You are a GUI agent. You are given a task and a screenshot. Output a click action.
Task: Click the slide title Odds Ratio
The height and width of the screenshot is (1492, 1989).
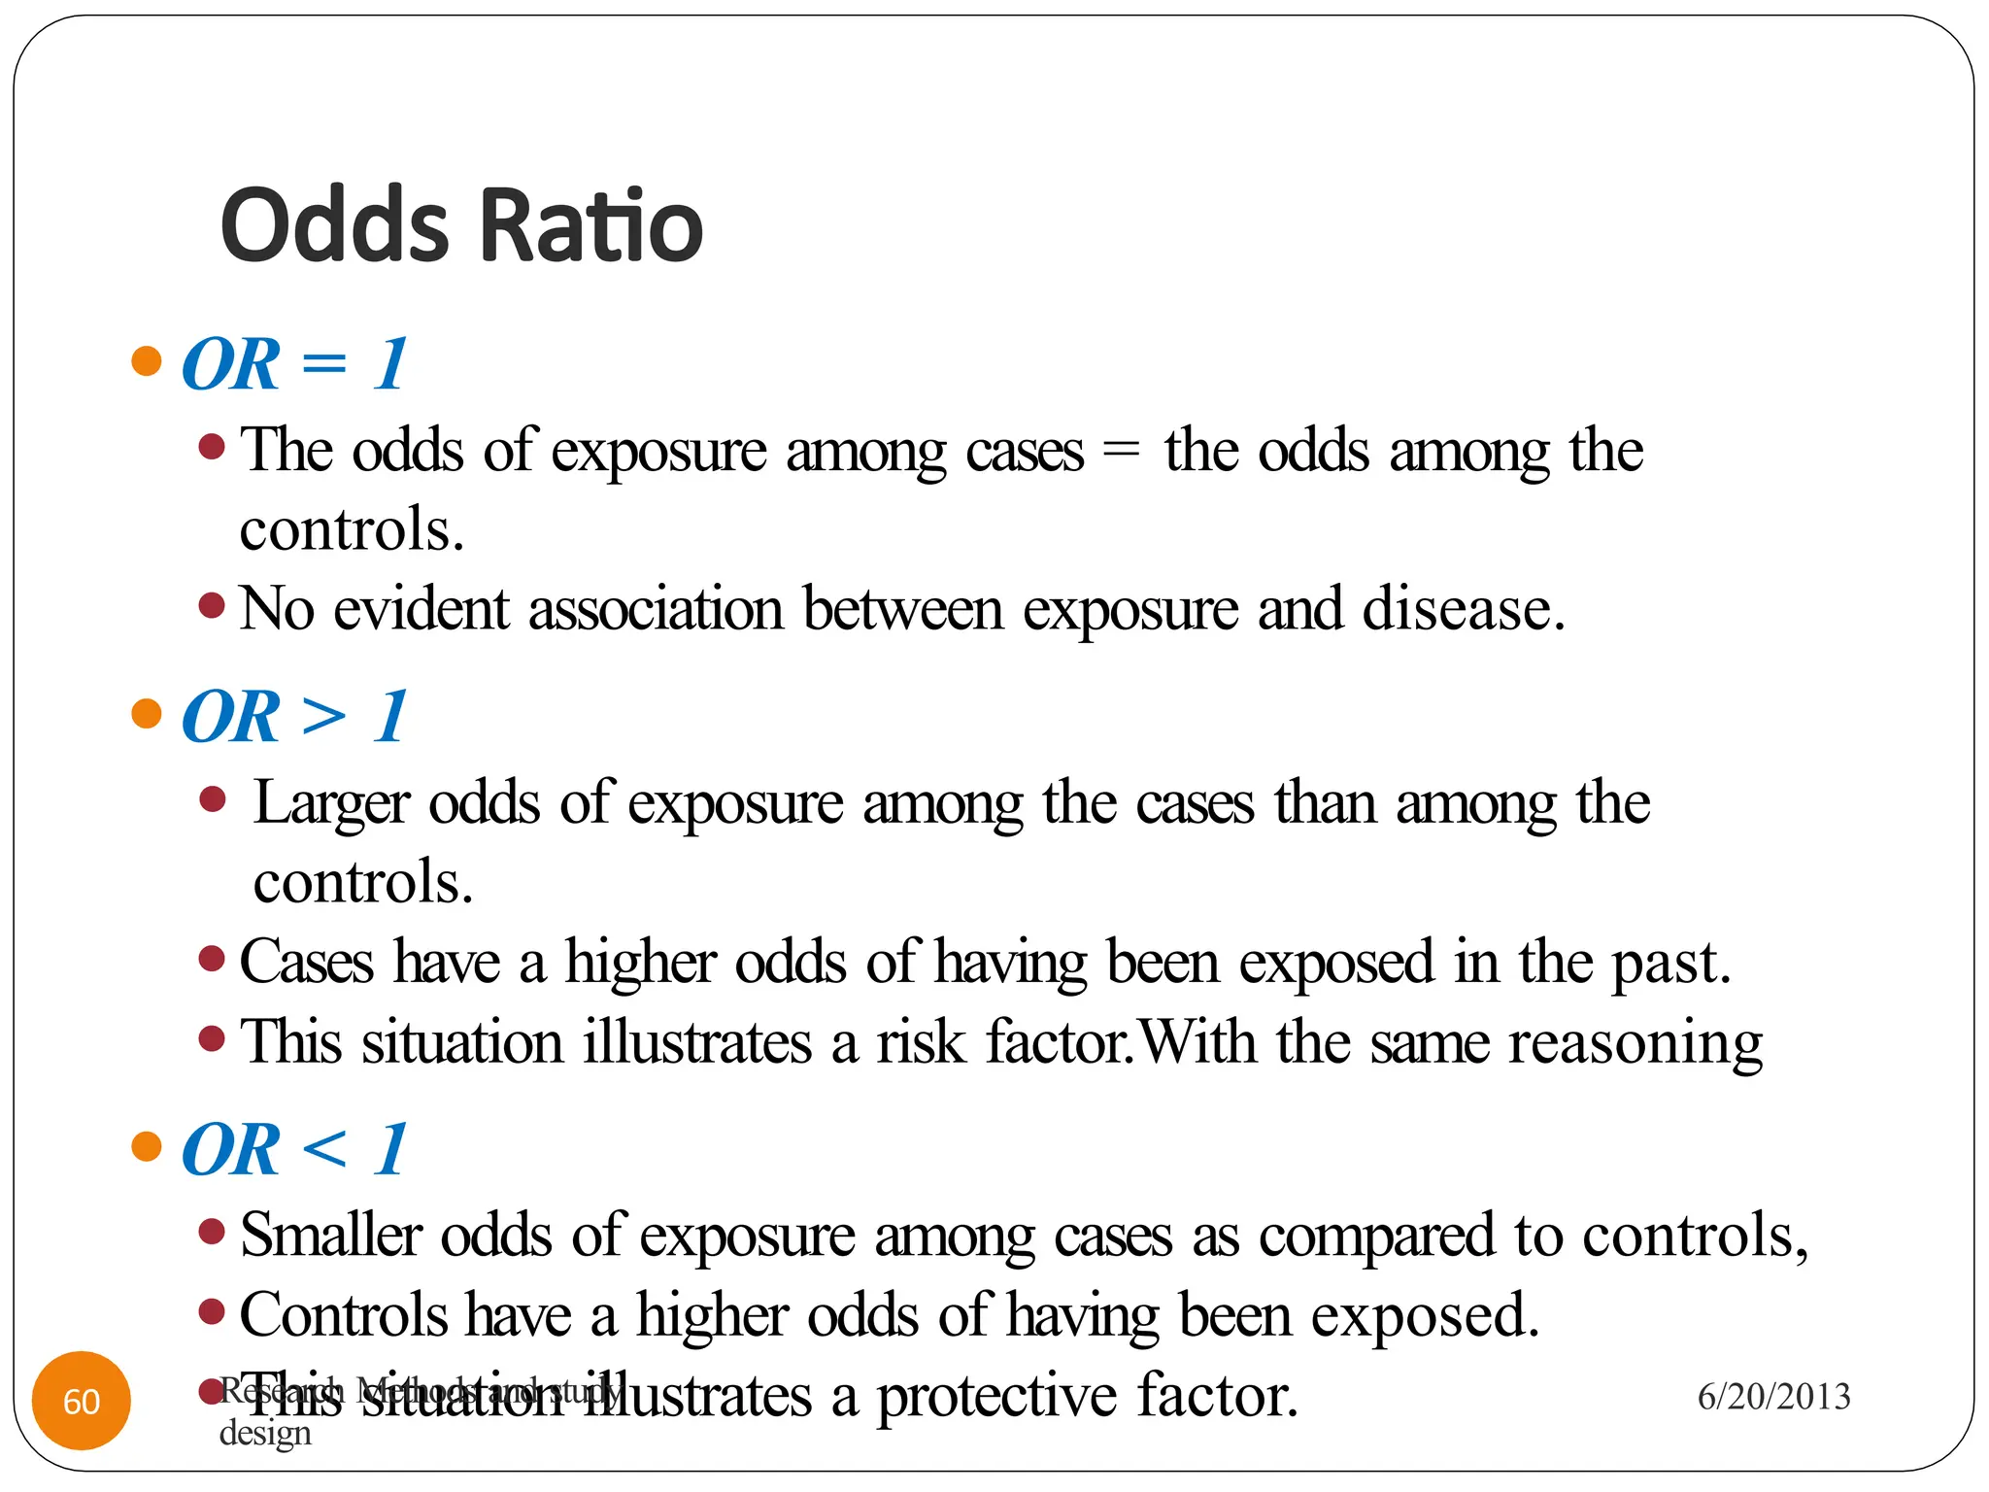[461, 225]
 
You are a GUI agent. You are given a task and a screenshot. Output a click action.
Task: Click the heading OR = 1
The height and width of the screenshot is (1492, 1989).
[294, 364]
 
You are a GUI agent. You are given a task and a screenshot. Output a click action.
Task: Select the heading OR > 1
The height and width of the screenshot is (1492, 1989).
[294, 717]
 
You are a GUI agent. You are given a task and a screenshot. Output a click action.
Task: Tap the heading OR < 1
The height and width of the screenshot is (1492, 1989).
[294, 1149]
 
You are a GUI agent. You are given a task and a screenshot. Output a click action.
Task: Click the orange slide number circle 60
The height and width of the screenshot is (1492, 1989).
[82, 1401]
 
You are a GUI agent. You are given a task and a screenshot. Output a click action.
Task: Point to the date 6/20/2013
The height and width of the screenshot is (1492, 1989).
[1773, 1397]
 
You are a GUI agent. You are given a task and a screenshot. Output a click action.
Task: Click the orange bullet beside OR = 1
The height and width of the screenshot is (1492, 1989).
[147, 361]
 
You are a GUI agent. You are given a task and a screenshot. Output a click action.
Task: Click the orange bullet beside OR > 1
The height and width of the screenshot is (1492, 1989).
[147, 714]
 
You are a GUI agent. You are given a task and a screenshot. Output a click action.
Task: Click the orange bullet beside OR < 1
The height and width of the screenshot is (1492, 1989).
[147, 1146]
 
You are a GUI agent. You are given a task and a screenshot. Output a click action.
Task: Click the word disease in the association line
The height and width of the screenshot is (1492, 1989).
[1462, 610]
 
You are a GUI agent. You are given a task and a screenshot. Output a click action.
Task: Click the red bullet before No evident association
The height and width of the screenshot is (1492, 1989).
[212, 606]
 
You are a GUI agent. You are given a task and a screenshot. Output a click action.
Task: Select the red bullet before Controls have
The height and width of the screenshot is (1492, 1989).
[212, 1312]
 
